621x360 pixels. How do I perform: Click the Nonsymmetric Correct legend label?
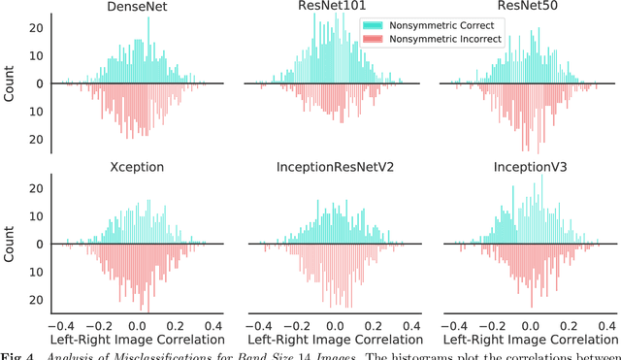441,24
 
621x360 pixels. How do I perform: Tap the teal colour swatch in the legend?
373,24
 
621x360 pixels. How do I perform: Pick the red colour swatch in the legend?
373,39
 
